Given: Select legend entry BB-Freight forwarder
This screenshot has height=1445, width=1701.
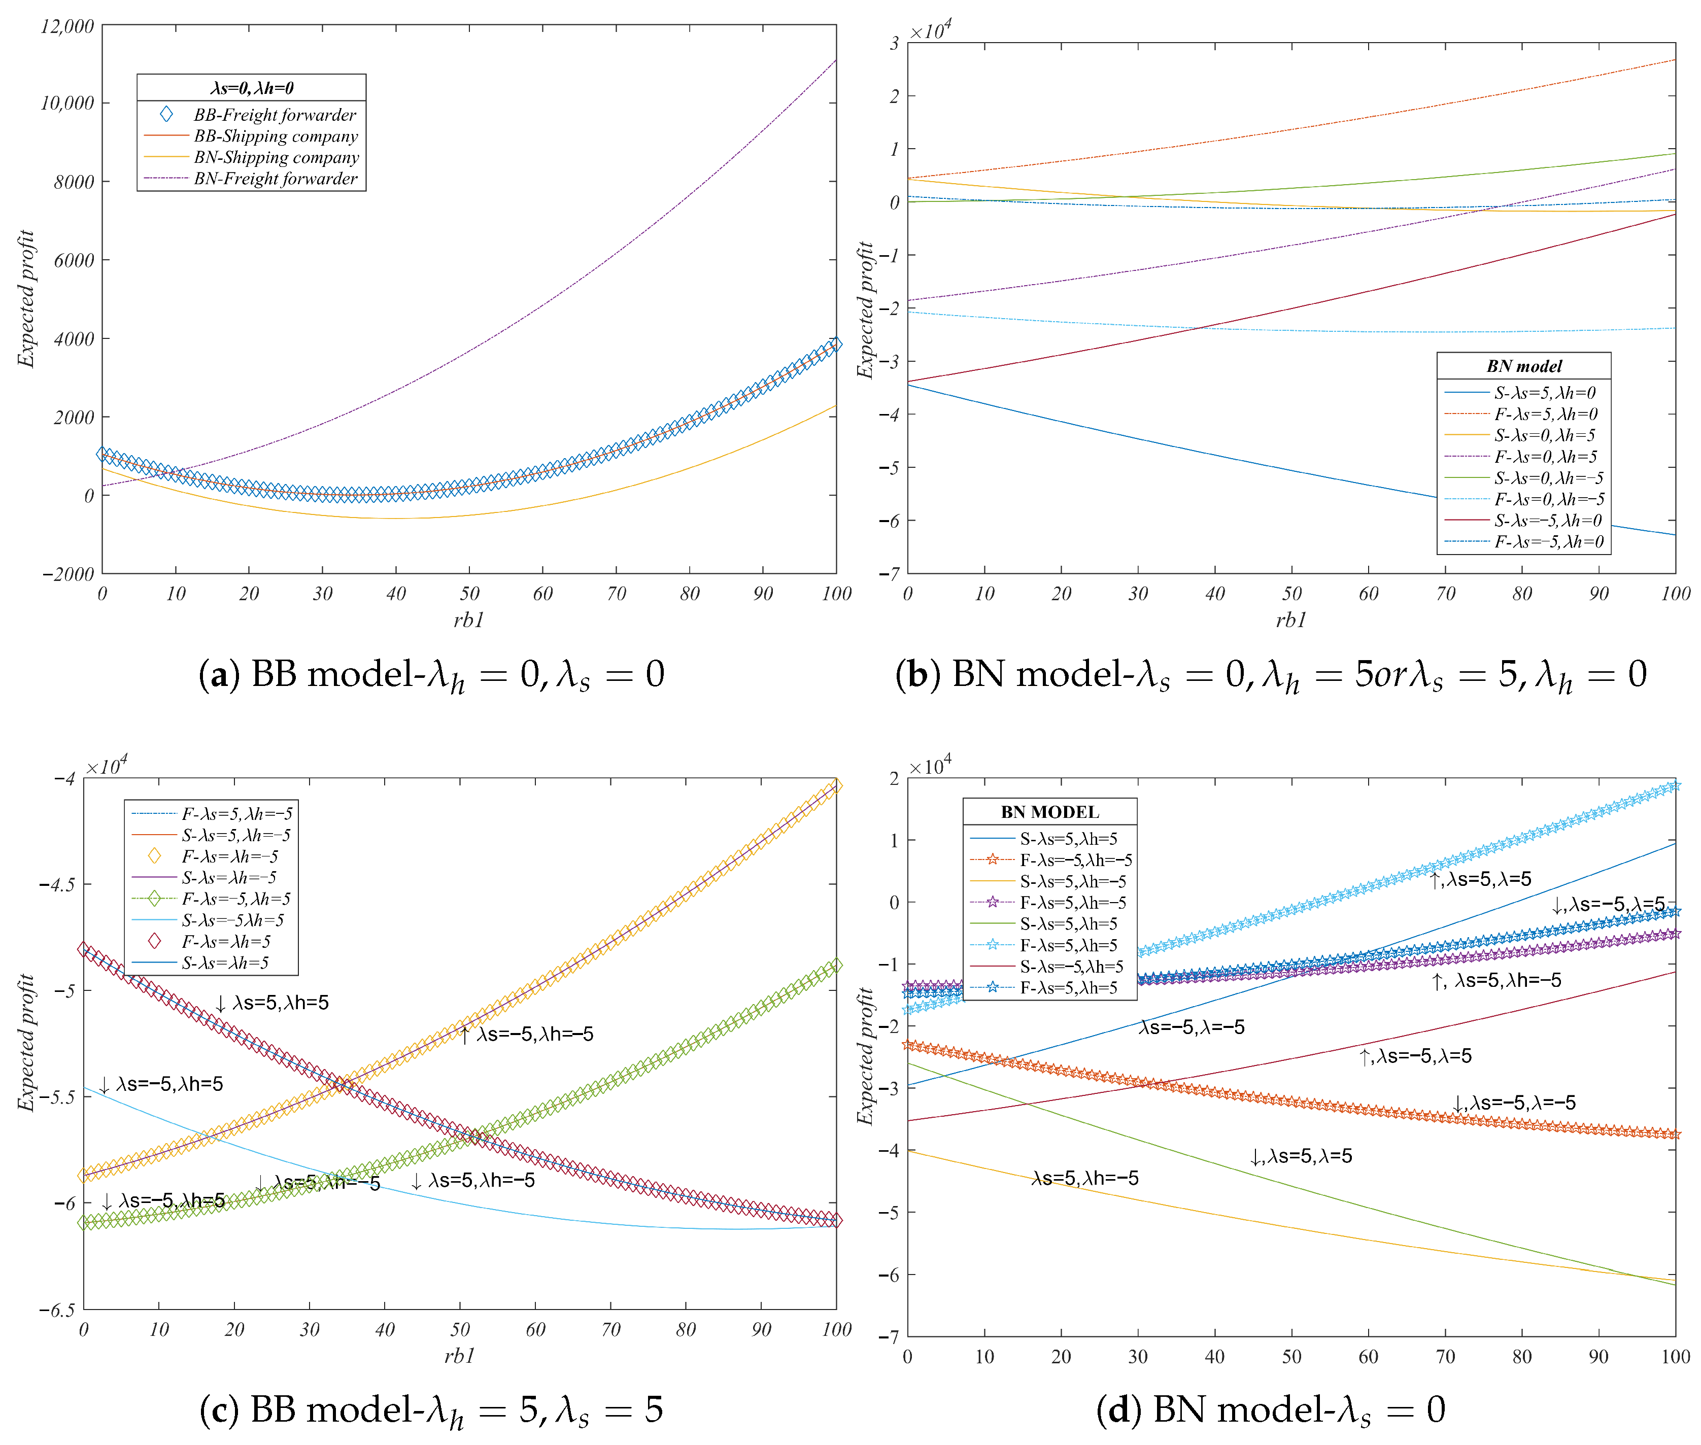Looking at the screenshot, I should pos(274,115).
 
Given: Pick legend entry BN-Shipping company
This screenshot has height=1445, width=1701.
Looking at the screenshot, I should pos(276,157).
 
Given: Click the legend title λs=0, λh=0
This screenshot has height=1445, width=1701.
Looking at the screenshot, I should pos(252,88).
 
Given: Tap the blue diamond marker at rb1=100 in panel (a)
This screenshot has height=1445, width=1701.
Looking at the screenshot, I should pos(834,344).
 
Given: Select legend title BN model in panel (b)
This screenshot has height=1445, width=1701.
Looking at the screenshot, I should pos(1523,366).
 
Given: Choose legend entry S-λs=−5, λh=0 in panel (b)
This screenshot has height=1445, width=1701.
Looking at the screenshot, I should pos(1547,520).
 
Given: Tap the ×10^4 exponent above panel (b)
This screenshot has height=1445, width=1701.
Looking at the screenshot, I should pos(931,30).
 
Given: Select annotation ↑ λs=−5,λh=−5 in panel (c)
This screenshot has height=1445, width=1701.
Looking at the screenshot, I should pos(526,1035).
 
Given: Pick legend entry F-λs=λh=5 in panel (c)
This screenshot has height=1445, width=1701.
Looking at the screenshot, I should pos(225,941).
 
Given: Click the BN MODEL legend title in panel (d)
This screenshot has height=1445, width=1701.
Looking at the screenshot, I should pos(1049,812).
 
